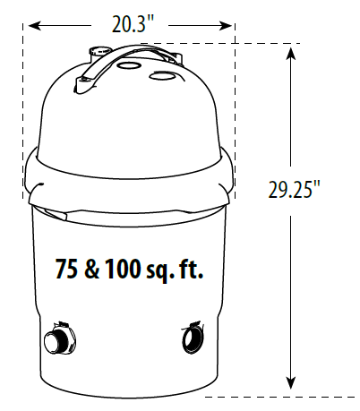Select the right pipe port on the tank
[193, 341]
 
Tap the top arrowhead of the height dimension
[291, 52]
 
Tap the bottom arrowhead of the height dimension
[291, 382]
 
